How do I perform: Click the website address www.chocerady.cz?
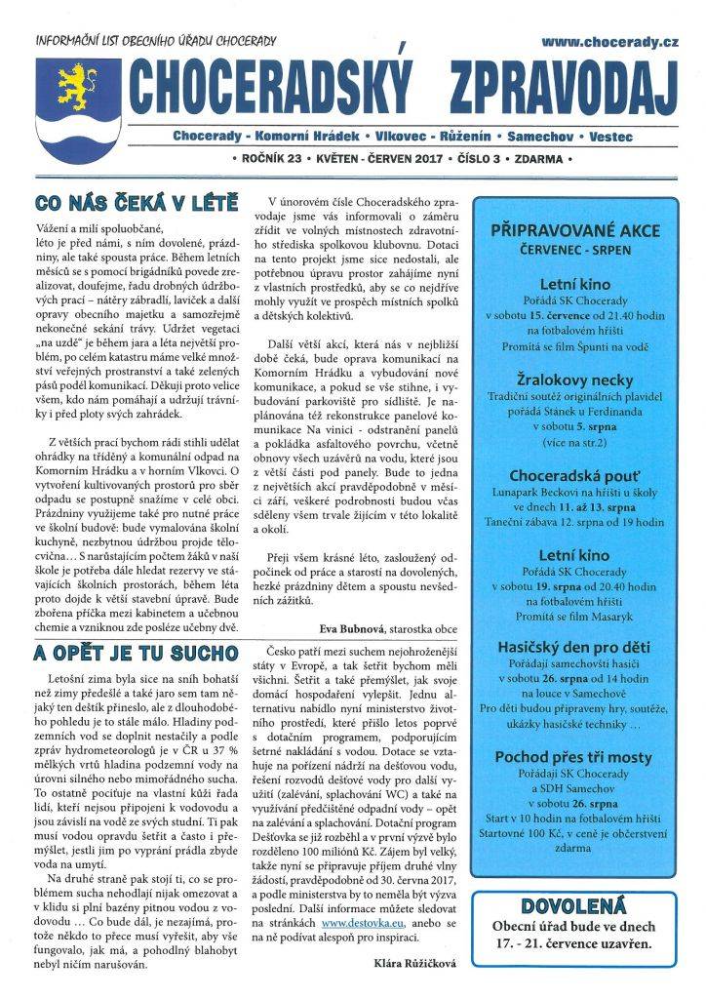pyautogui.click(x=609, y=42)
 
